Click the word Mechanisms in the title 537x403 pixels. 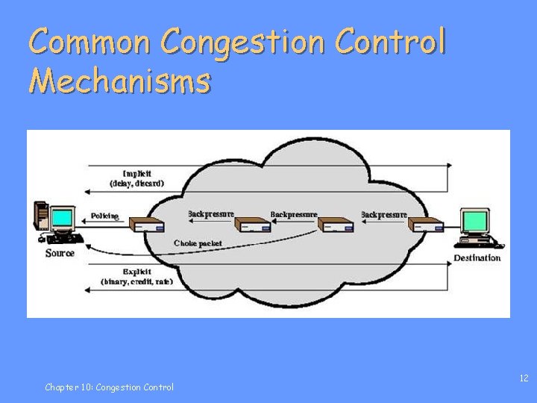click(x=119, y=80)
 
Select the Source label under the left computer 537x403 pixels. click(x=60, y=253)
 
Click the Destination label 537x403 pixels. click(x=477, y=258)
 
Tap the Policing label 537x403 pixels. click(x=104, y=216)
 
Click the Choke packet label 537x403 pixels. click(x=198, y=243)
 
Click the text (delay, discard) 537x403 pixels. click(x=137, y=183)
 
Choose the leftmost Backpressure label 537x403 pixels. click(x=211, y=214)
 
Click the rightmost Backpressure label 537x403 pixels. click(x=384, y=215)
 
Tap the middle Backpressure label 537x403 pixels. click(x=294, y=215)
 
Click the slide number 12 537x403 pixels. click(x=524, y=378)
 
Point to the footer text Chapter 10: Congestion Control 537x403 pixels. click(x=109, y=387)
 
